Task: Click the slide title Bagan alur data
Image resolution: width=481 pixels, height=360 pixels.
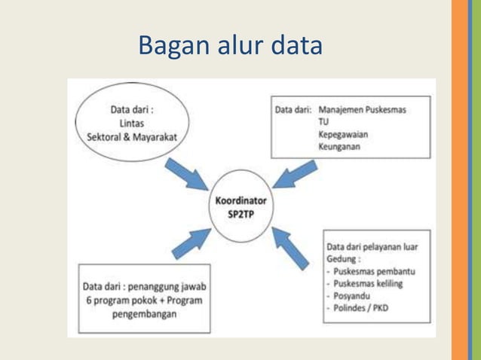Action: pyautogui.click(x=230, y=46)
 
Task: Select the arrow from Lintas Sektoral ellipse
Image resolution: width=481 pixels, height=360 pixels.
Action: pyautogui.click(x=192, y=174)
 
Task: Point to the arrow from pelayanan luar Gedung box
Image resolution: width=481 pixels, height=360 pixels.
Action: pyautogui.click(x=292, y=249)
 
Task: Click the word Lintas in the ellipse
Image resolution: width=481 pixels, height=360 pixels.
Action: pyautogui.click(x=132, y=124)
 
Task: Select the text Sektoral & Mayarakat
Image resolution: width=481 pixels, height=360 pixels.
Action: pyautogui.click(x=132, y=136)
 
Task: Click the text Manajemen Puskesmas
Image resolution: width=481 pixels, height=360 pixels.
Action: pyautogui.click(x=362, y=110)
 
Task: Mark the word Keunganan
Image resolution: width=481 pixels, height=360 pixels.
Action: pyautogui.click(x=339, y=147)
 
